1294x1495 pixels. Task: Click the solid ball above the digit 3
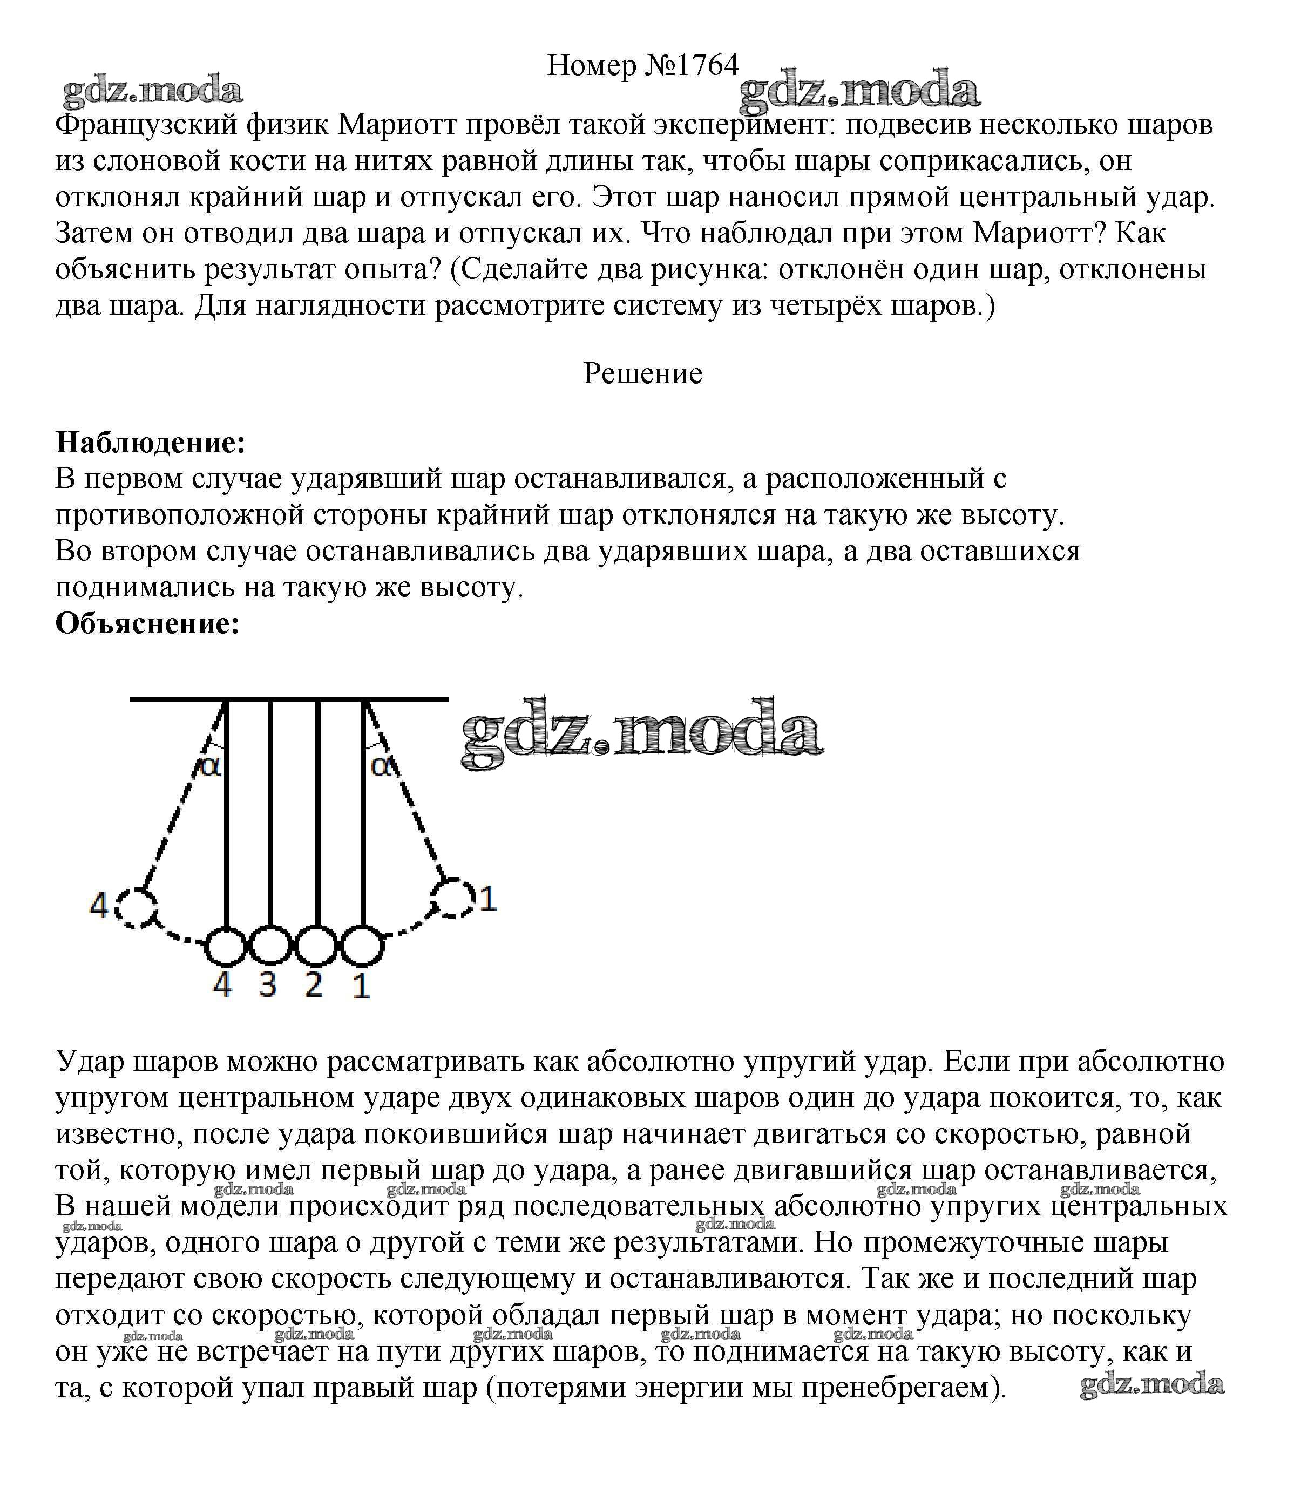coord(270,946)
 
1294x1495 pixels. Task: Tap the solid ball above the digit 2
coord(316,946)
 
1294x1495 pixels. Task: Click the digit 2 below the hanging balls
coord(314,984)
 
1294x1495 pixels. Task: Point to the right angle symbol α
coord(383,766)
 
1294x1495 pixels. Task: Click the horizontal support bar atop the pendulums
coord(289,699)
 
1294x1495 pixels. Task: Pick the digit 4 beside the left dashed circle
coord(99,905)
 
